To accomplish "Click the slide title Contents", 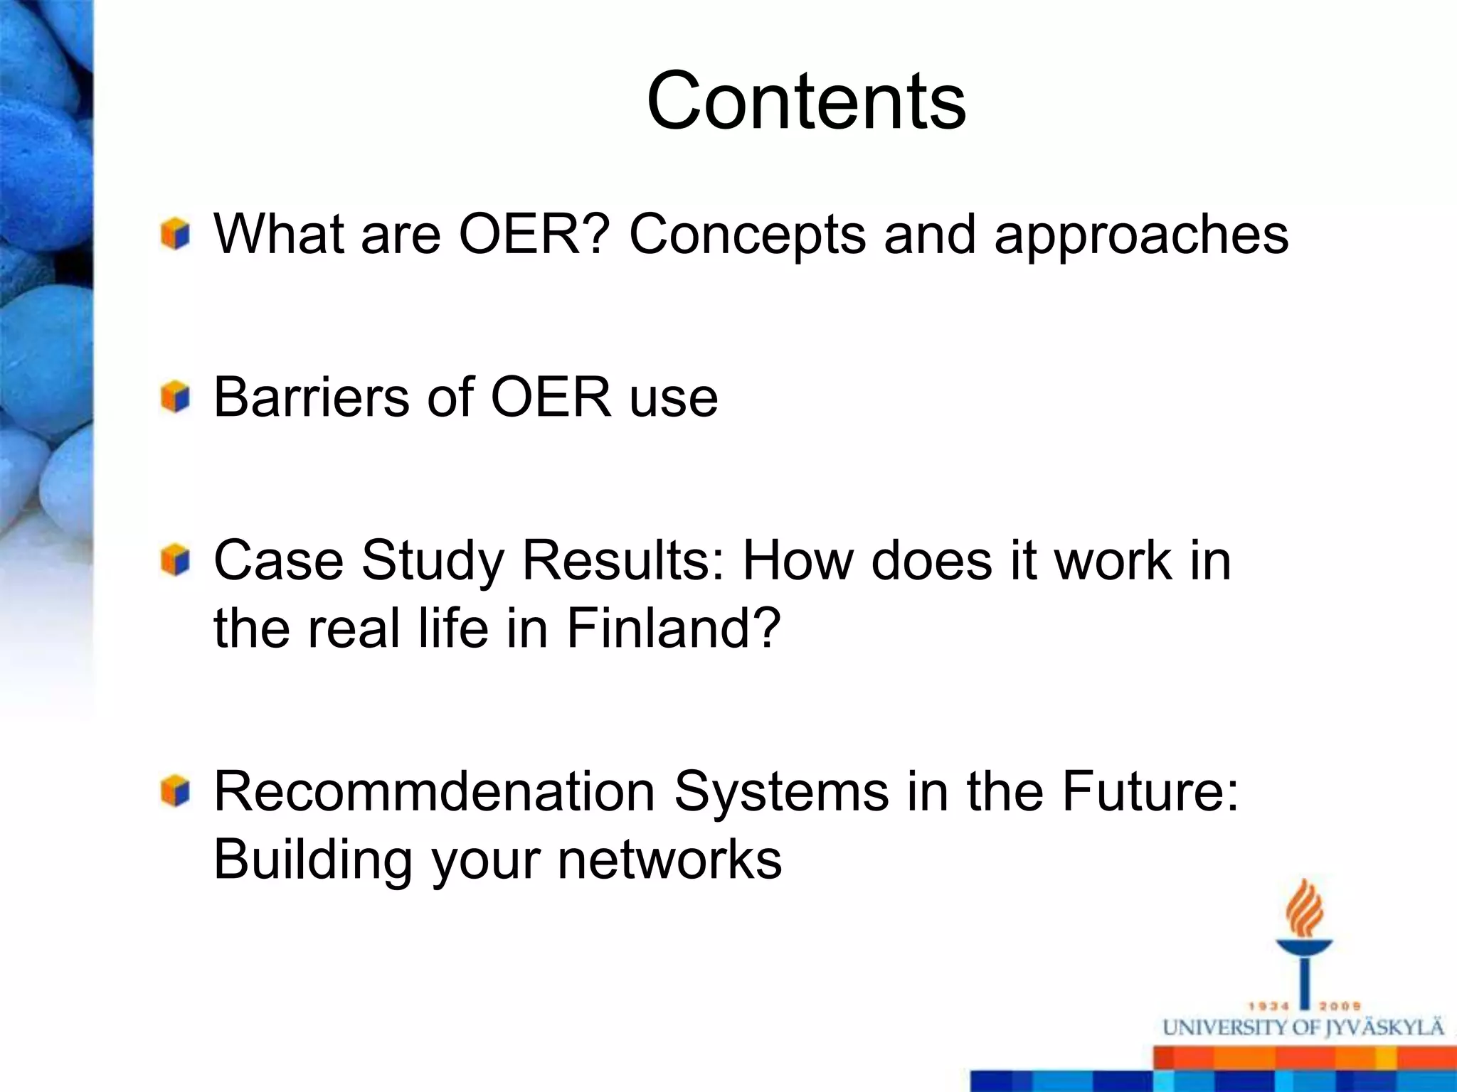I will (806, 101).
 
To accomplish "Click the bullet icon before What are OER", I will (175, 234).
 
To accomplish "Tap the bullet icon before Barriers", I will (175, 397).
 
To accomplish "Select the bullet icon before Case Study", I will (175, 560).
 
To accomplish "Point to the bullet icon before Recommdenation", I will (175, 791).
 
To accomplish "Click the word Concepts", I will (747, 235).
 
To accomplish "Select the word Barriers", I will (310, 397).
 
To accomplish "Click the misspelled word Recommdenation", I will (434, 791).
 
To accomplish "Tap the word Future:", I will (1150, 791).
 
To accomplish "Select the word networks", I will (669, 860).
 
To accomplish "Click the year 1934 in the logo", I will (1268, 1007).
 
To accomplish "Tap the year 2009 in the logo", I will (1340, 1007).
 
